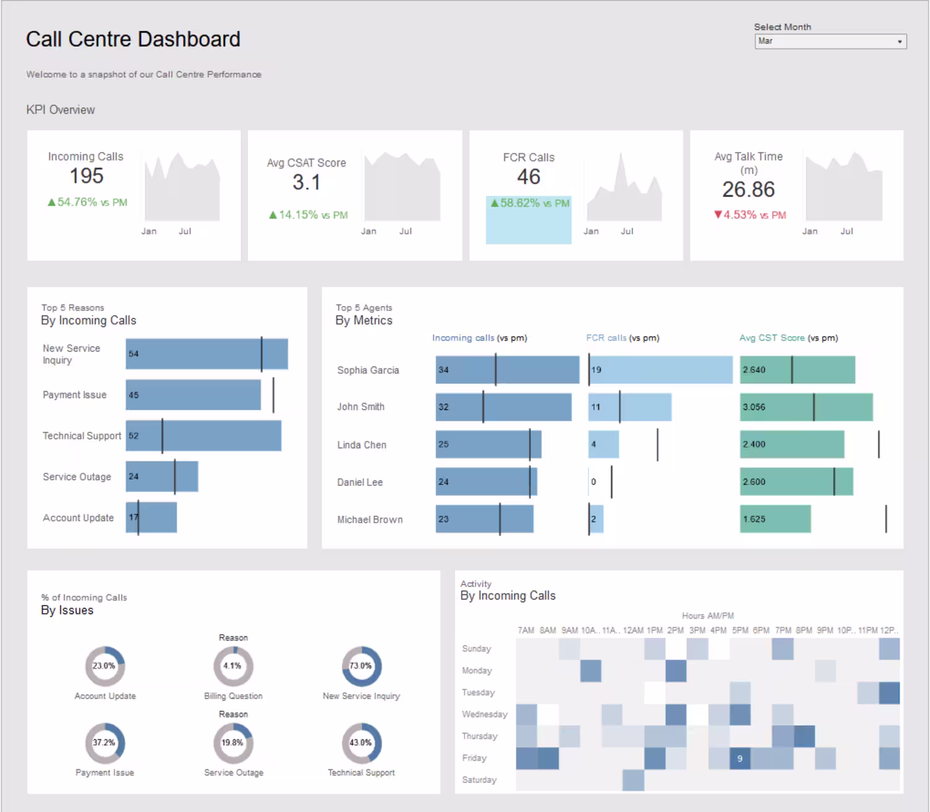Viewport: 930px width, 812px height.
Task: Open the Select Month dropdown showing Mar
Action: tap(830, 42)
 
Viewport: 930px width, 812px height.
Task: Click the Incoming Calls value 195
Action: tap(86, 176)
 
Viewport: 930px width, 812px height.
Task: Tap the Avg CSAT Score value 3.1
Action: tap(306, 182)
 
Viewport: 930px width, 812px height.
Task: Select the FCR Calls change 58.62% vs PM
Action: tap(529, 203)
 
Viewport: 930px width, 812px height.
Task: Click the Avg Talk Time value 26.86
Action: tap(748, 190)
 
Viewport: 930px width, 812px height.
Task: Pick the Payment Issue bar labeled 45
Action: tap(193, 395)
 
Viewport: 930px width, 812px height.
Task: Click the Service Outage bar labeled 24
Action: tap(162, 477)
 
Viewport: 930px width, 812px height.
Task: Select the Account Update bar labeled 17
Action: tap(151, 518)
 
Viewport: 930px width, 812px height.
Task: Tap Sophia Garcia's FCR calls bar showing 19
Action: tap(660, 370)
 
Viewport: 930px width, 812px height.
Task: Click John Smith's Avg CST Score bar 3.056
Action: tap(806, 407)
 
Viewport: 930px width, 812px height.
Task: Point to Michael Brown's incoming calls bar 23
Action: tap(484, 519)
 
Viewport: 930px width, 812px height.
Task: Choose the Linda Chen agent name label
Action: tap(361, 445)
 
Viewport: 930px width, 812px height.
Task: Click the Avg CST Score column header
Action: tap(772, 338)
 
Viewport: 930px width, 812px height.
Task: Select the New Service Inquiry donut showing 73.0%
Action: tap(361, 666)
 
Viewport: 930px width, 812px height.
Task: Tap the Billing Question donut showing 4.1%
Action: tap(233, 666)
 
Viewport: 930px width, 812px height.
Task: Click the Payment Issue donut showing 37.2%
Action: tap(105, 743)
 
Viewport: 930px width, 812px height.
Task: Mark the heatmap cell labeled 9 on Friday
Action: tap(740, 759)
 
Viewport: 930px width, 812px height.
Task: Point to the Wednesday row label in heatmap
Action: tap(484, 715)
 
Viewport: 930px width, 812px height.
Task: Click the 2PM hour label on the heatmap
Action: tap(675, 630)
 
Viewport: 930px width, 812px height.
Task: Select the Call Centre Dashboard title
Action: tap(133, 39)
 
